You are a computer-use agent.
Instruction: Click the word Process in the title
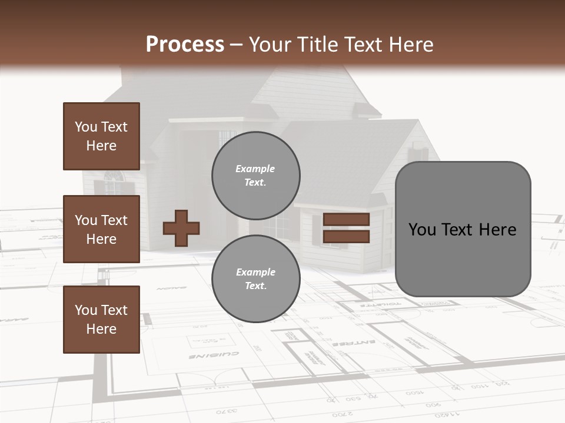click(185, 45)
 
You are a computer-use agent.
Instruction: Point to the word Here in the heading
click(408, 45)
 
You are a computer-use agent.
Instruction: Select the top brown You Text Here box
click(101, 136)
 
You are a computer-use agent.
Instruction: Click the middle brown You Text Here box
click(101, 229)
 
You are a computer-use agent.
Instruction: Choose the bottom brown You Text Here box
click(101, 320)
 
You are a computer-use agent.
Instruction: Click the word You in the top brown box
click(86, 127)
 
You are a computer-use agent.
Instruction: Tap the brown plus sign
click(181, 228)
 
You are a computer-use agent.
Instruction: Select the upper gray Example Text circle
click(255, 176)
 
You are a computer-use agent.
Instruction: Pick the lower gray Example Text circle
click(255, 279)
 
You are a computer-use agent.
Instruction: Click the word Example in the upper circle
click(255, 169)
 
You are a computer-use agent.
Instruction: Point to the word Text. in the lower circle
click(255, 286)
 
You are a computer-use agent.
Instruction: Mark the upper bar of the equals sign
click(346, 220)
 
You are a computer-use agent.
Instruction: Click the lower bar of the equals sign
click(346, 236)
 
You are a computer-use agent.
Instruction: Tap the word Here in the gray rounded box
click(497, 230)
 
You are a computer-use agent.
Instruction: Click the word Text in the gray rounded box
click(456, 230)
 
